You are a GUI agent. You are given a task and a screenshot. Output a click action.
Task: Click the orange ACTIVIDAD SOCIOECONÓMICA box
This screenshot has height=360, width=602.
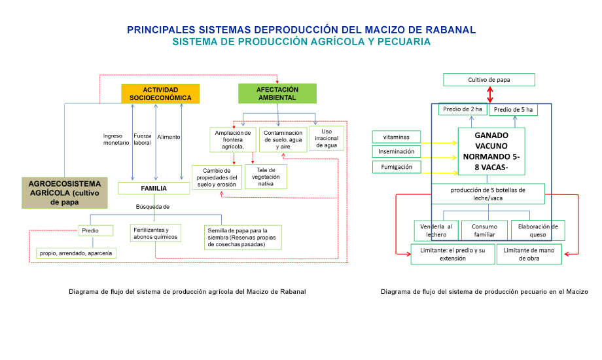click(x=160, y=94)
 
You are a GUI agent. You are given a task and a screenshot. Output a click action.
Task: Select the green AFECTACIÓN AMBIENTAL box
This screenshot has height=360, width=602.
click(x=277, y=94)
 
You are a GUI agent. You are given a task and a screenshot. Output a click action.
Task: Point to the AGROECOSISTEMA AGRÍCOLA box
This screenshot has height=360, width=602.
click(x=64, y=193)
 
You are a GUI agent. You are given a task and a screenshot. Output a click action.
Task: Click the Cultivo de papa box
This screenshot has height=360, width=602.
click(x=489, y=80)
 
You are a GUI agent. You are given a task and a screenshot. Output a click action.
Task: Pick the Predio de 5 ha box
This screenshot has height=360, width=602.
click(x=513, y=109)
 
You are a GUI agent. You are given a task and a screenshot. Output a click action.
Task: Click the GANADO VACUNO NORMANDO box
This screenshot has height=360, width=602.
click(x=491, y=152)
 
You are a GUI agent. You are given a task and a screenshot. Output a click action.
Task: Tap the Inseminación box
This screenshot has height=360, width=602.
click(x=396, y=152)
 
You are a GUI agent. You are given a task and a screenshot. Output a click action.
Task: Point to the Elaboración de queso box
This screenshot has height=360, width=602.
click(x=537, y=230)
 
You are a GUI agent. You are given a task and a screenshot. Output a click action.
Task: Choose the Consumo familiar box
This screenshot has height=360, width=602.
click(x=484, y=230)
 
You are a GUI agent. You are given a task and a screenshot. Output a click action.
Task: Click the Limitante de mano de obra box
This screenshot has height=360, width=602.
click(x=529, y=254)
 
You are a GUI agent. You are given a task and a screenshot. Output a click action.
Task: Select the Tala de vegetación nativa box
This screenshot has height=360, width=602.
click(x=266, y=177)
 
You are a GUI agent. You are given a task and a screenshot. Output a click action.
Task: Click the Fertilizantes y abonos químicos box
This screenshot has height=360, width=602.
click(x=155, y=234)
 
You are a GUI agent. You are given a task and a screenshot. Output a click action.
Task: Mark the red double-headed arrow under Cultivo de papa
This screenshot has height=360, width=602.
click(x=489, y=94)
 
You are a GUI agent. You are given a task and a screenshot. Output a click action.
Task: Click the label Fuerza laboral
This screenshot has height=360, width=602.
click(x=143, y=139)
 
